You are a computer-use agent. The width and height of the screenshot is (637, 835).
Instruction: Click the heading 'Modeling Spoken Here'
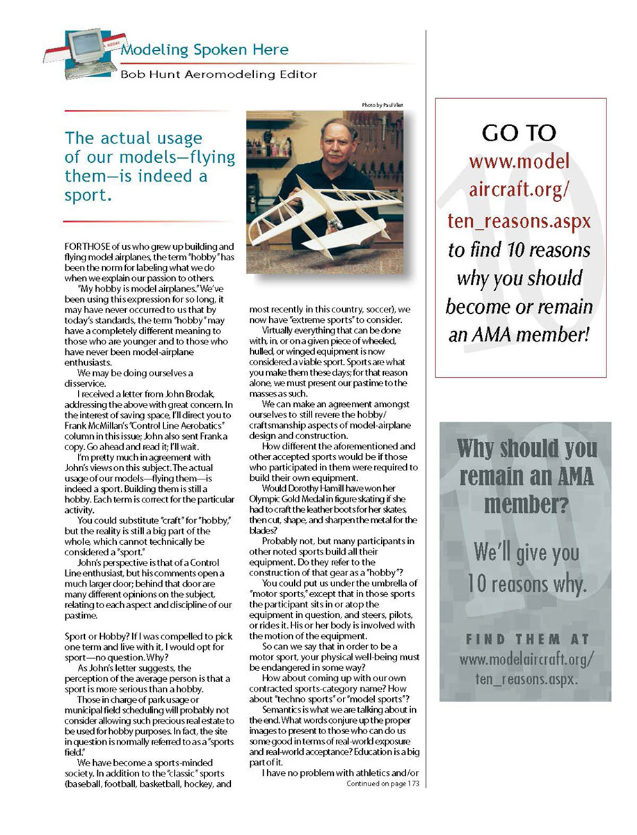[x=204, y=50]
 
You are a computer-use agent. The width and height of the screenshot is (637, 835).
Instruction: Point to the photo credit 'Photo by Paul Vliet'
[x=382, y=105]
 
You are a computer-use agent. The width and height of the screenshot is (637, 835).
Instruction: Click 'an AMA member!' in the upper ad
[x=520, y=335]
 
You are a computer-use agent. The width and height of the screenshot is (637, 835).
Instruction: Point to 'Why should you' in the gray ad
[x=526, y=449]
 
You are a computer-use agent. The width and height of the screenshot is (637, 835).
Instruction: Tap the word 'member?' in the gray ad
[x=526, y=504]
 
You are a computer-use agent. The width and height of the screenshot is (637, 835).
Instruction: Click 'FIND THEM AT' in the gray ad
[x=526, y=638]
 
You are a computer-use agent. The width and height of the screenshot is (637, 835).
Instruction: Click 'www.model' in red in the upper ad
[x=520, y=162]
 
